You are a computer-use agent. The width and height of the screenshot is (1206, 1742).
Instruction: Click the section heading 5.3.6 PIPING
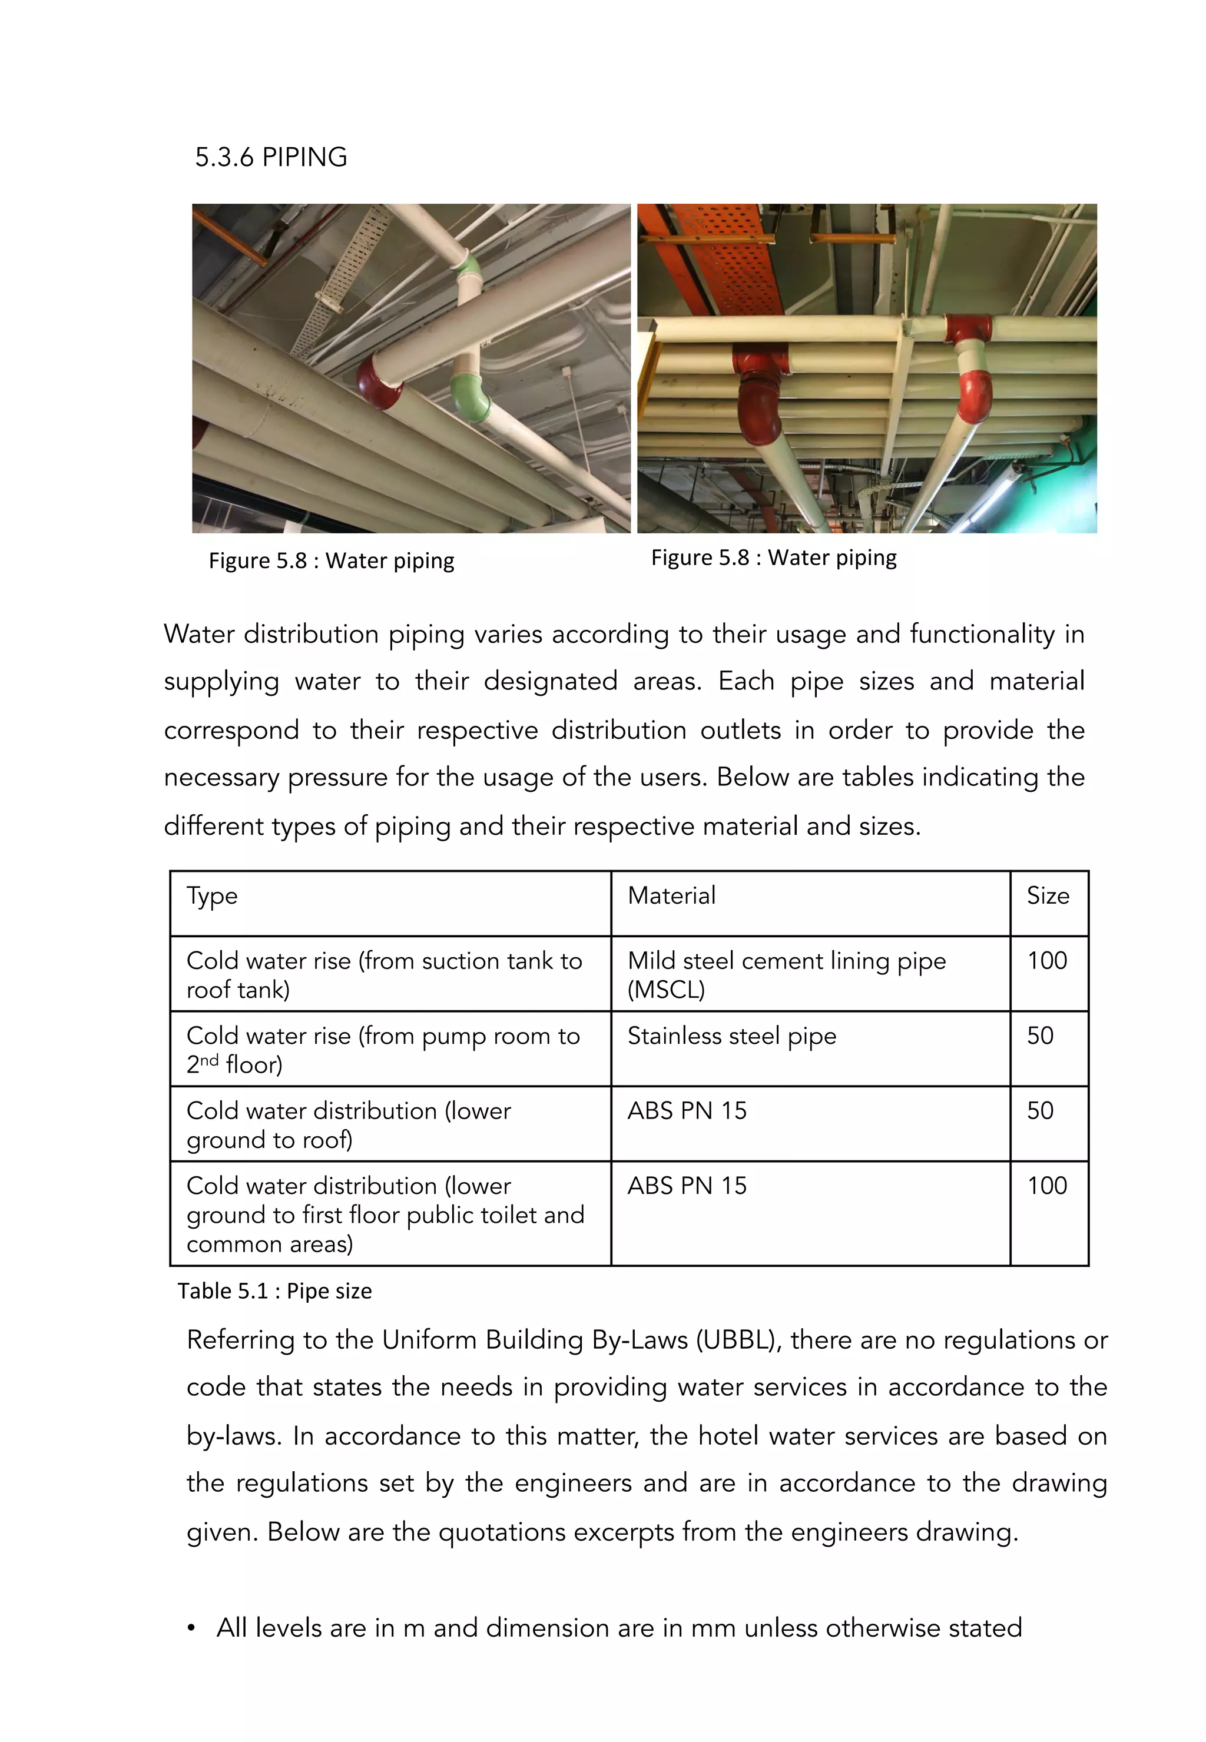coord(270,157)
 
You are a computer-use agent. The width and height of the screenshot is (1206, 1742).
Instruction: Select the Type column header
coord(213,896)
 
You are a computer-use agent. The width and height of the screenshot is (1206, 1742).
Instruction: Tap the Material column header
coord(671,896)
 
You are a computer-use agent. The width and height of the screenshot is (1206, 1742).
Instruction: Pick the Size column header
coord(1048,896)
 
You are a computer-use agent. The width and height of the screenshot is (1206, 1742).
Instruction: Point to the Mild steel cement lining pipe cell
coord(786,974)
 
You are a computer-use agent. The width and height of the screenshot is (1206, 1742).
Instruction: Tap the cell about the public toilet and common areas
coord(385,1214)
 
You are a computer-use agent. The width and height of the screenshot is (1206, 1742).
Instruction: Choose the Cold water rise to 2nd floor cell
coord(383,1049)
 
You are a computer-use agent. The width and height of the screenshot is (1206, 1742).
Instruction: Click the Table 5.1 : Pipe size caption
coord(274,1291)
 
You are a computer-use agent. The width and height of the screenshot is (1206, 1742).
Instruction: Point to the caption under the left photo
coord(331,561)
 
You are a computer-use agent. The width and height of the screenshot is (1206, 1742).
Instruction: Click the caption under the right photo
coord(774,558)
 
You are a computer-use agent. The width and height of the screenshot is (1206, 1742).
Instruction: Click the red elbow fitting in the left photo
coord(378,381)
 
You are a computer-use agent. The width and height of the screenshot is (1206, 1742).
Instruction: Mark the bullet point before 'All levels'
coord(192,1628)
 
